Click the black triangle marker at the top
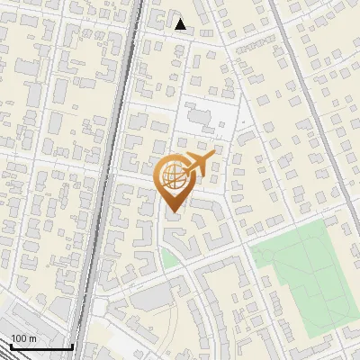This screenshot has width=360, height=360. click(x=181, y=24)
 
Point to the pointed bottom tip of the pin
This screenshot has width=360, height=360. click(x=171, y=212)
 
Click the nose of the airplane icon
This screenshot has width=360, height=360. click(x=213, y=157)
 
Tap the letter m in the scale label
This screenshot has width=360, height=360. click(x=33, y=338)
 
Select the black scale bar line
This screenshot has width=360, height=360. click(x=40, y=346)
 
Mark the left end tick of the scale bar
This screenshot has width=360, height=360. click(x=10, y=345)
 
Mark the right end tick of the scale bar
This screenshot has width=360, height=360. click(x=72, y=345)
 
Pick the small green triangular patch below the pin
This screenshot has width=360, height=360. click(x=169, y=260)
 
